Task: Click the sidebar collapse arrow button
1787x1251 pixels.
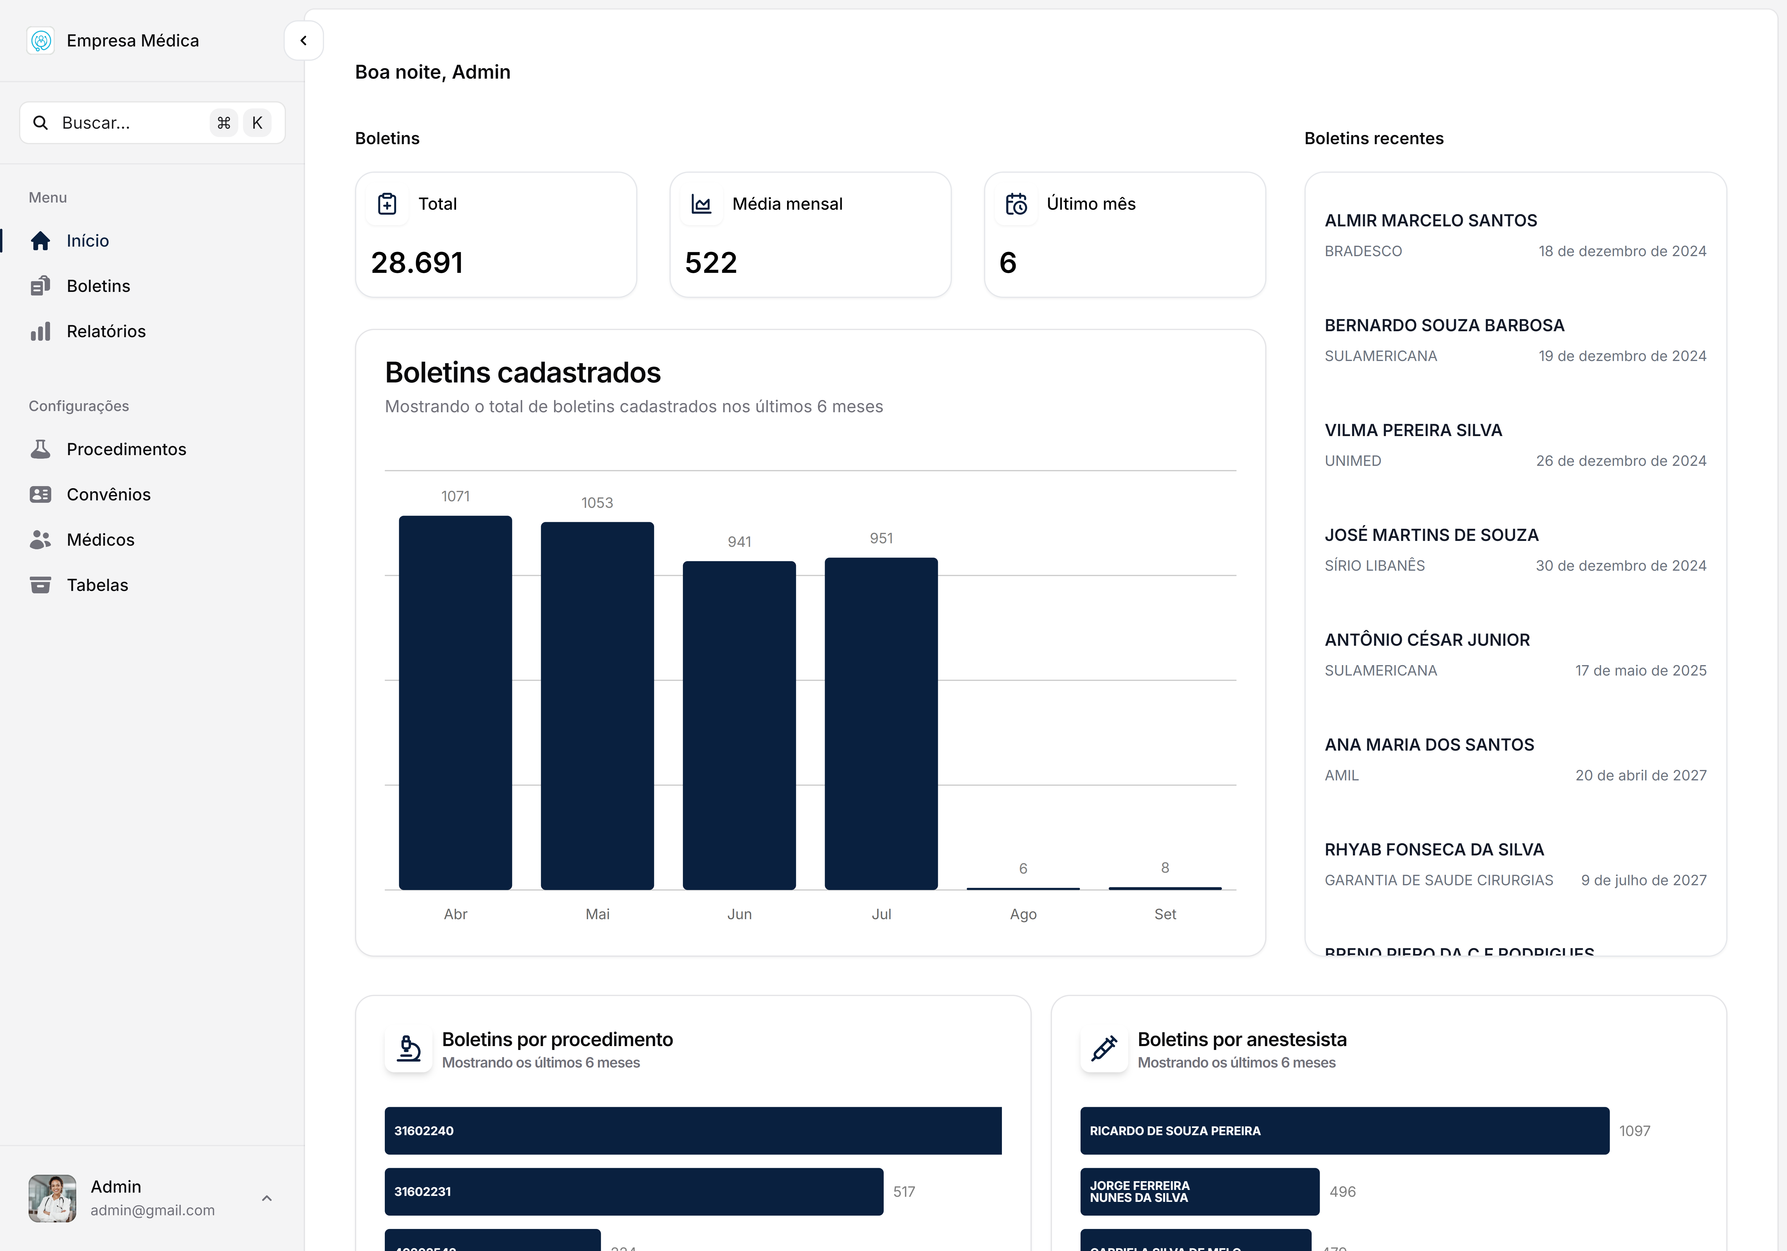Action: click(x=303, y=41)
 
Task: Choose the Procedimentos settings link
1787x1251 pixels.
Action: click(x=126, y=449)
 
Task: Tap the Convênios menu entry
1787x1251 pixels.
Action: click(x=108, y=494)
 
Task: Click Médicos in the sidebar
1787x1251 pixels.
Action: click(x=100, y=539)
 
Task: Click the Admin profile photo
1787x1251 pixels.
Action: click(x=52, y=1198)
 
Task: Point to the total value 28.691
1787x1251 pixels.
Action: click(x=417, y=263)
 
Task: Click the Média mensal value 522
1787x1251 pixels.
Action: click(x=711, y=263)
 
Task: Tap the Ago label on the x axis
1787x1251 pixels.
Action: click(x=1023, y=914)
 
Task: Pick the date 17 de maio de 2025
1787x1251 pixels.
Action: click(x=1641, y=670)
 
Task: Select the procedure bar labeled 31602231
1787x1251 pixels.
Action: click(x=633, y=1191)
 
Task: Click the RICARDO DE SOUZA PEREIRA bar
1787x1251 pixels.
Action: click(x=1344, y=1130)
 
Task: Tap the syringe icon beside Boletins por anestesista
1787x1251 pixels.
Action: click(x=1104, y=1048)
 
